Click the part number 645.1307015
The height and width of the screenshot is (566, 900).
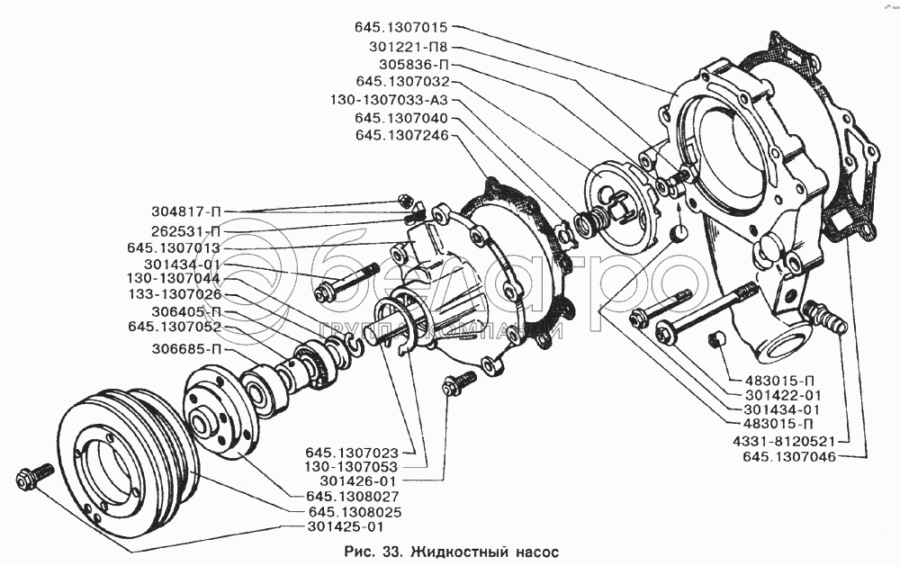point(400,28)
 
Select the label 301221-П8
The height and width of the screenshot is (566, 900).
point(408,47)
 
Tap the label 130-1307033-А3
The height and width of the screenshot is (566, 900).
point(388,100)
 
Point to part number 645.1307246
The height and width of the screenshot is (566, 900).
point(400,136)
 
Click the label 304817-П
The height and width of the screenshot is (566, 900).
point(186,211)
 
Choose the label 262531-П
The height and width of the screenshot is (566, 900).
point(186,231)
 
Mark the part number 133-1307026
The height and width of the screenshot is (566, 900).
point(174,295)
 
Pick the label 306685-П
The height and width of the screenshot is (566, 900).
point(186,349)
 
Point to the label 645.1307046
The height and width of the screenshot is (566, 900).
point(789,457)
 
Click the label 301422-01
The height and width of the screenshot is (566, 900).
point(782,395)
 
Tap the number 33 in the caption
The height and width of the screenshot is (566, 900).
point(390,553)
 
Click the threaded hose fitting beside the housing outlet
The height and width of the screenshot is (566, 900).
point(825,317)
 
